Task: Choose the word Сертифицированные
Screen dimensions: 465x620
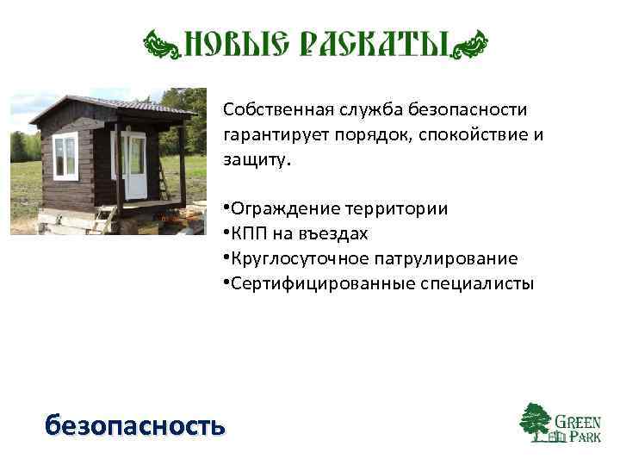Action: [x=310, y=283]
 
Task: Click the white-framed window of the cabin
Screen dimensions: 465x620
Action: [x=65, y=157]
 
